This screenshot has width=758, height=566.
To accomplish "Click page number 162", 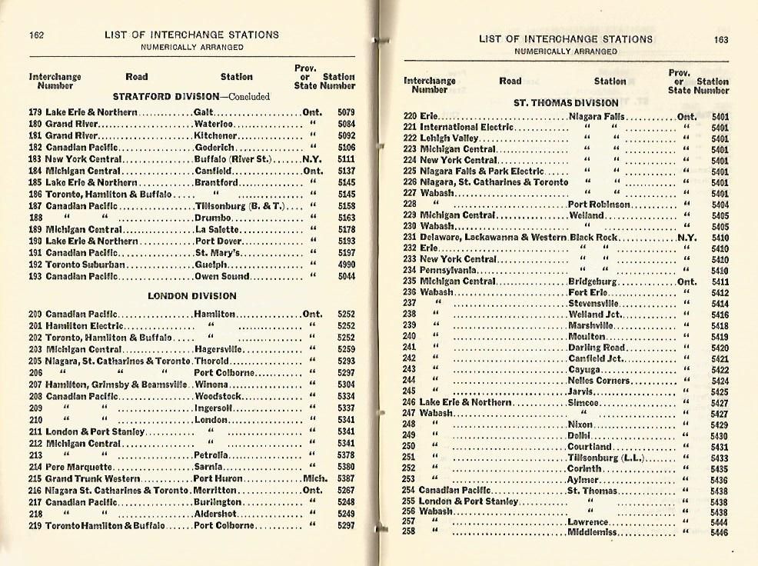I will tap(37, 35).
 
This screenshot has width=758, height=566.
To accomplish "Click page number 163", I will tap(720, 40).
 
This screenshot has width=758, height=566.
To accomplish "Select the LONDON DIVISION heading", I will tap(192, 296).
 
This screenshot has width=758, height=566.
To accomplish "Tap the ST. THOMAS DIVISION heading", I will tap(566, 102).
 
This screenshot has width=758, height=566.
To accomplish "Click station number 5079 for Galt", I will tap(346, 112).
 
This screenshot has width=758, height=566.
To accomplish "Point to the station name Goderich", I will tap(211, 147).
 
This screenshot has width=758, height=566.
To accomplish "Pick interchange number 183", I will tap(35, 159).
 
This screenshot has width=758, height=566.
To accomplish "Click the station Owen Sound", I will tap(219, 276).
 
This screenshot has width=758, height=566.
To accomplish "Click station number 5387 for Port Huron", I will tap(346, 478).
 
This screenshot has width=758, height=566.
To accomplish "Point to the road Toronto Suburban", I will tap(85, 265).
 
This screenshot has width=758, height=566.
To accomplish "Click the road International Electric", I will tap(460, 127).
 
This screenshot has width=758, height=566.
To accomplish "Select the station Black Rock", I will tap(593, 238).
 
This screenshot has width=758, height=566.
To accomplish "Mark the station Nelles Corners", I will tap(599, 381).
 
